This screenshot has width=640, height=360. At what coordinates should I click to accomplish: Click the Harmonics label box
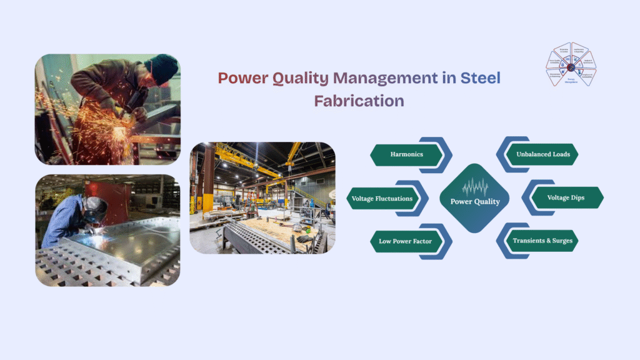(x=407, y=154)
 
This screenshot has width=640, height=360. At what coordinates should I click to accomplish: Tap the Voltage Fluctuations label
(x=382, y=198)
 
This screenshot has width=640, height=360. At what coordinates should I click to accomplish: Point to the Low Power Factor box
(x=406, y=241)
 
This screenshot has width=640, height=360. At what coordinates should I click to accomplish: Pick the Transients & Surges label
(x=542, y=241)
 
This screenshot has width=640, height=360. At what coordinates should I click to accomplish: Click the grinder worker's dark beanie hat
(x=164, y=67)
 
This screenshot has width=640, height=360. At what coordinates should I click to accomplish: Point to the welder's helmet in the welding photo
(x=96, y=208)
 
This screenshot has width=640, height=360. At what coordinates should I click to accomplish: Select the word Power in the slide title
(x=242, y=78)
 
